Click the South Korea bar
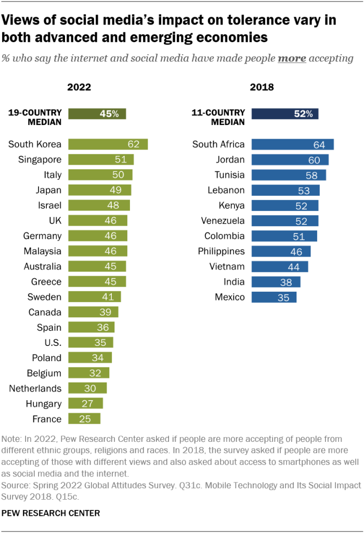click(108, 144)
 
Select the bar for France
click(84, 419)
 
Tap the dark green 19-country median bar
click(97, 114)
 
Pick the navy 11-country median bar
click(285, 114)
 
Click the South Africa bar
click(292, 144)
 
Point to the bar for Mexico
click(274, 297)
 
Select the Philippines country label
click(221, 251)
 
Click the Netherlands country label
click(35, 388)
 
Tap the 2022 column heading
click(79, 87)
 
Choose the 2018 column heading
click(262, 87)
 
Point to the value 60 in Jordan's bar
click(314, 160)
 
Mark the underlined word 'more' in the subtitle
click(292, 58)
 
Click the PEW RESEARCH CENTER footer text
click(51, 513)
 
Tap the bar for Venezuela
click(285, 221)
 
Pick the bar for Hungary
click(86, 404)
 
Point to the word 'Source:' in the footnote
click(16, 485)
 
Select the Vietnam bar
click(280, 266)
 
